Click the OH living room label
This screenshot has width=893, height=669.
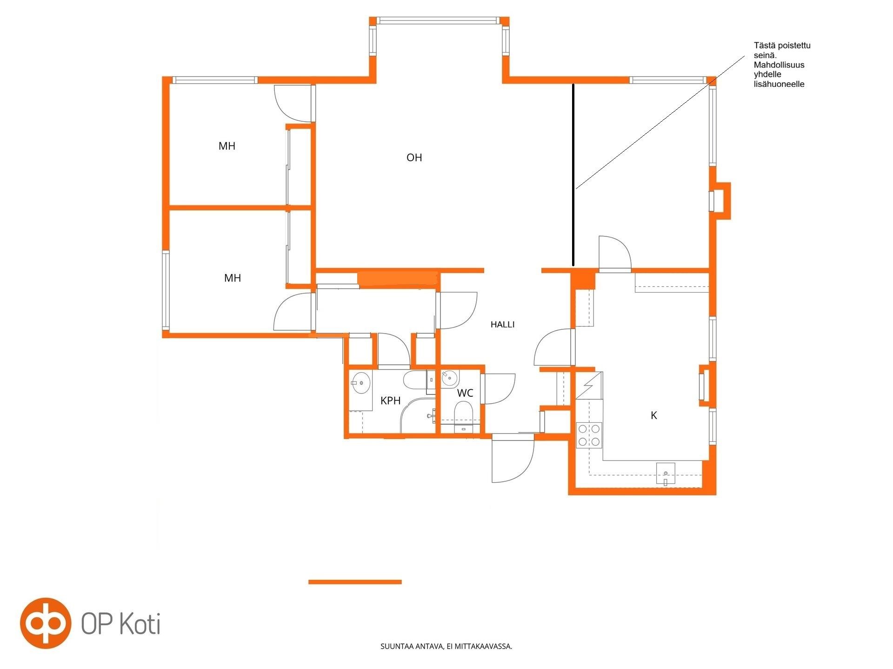[x=414, y=157]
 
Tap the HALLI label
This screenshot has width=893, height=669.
[x=502, y=325]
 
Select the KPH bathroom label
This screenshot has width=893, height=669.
[x=390, y=400]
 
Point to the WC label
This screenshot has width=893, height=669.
[x=465, y=393]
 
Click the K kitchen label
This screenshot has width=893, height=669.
[x=653, y=415]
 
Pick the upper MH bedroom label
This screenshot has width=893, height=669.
[x=227, y=146]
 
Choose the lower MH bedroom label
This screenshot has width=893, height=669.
[x=233, y=278]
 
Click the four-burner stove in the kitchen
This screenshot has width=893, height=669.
[x=589, y=435]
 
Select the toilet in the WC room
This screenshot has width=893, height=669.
[x=463, y=413]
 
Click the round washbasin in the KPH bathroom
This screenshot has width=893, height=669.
[x=360, y=383]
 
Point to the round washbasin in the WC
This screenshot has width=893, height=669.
[x=450, y=378]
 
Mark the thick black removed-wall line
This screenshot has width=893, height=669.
[x=573, y=175]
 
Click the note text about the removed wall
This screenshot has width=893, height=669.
[x=782, y=65]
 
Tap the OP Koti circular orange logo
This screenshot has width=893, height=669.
[x=46, y=623]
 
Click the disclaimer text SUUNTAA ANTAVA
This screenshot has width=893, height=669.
[x=446, y=646]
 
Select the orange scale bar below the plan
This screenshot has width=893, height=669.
[x=355, y=582]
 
